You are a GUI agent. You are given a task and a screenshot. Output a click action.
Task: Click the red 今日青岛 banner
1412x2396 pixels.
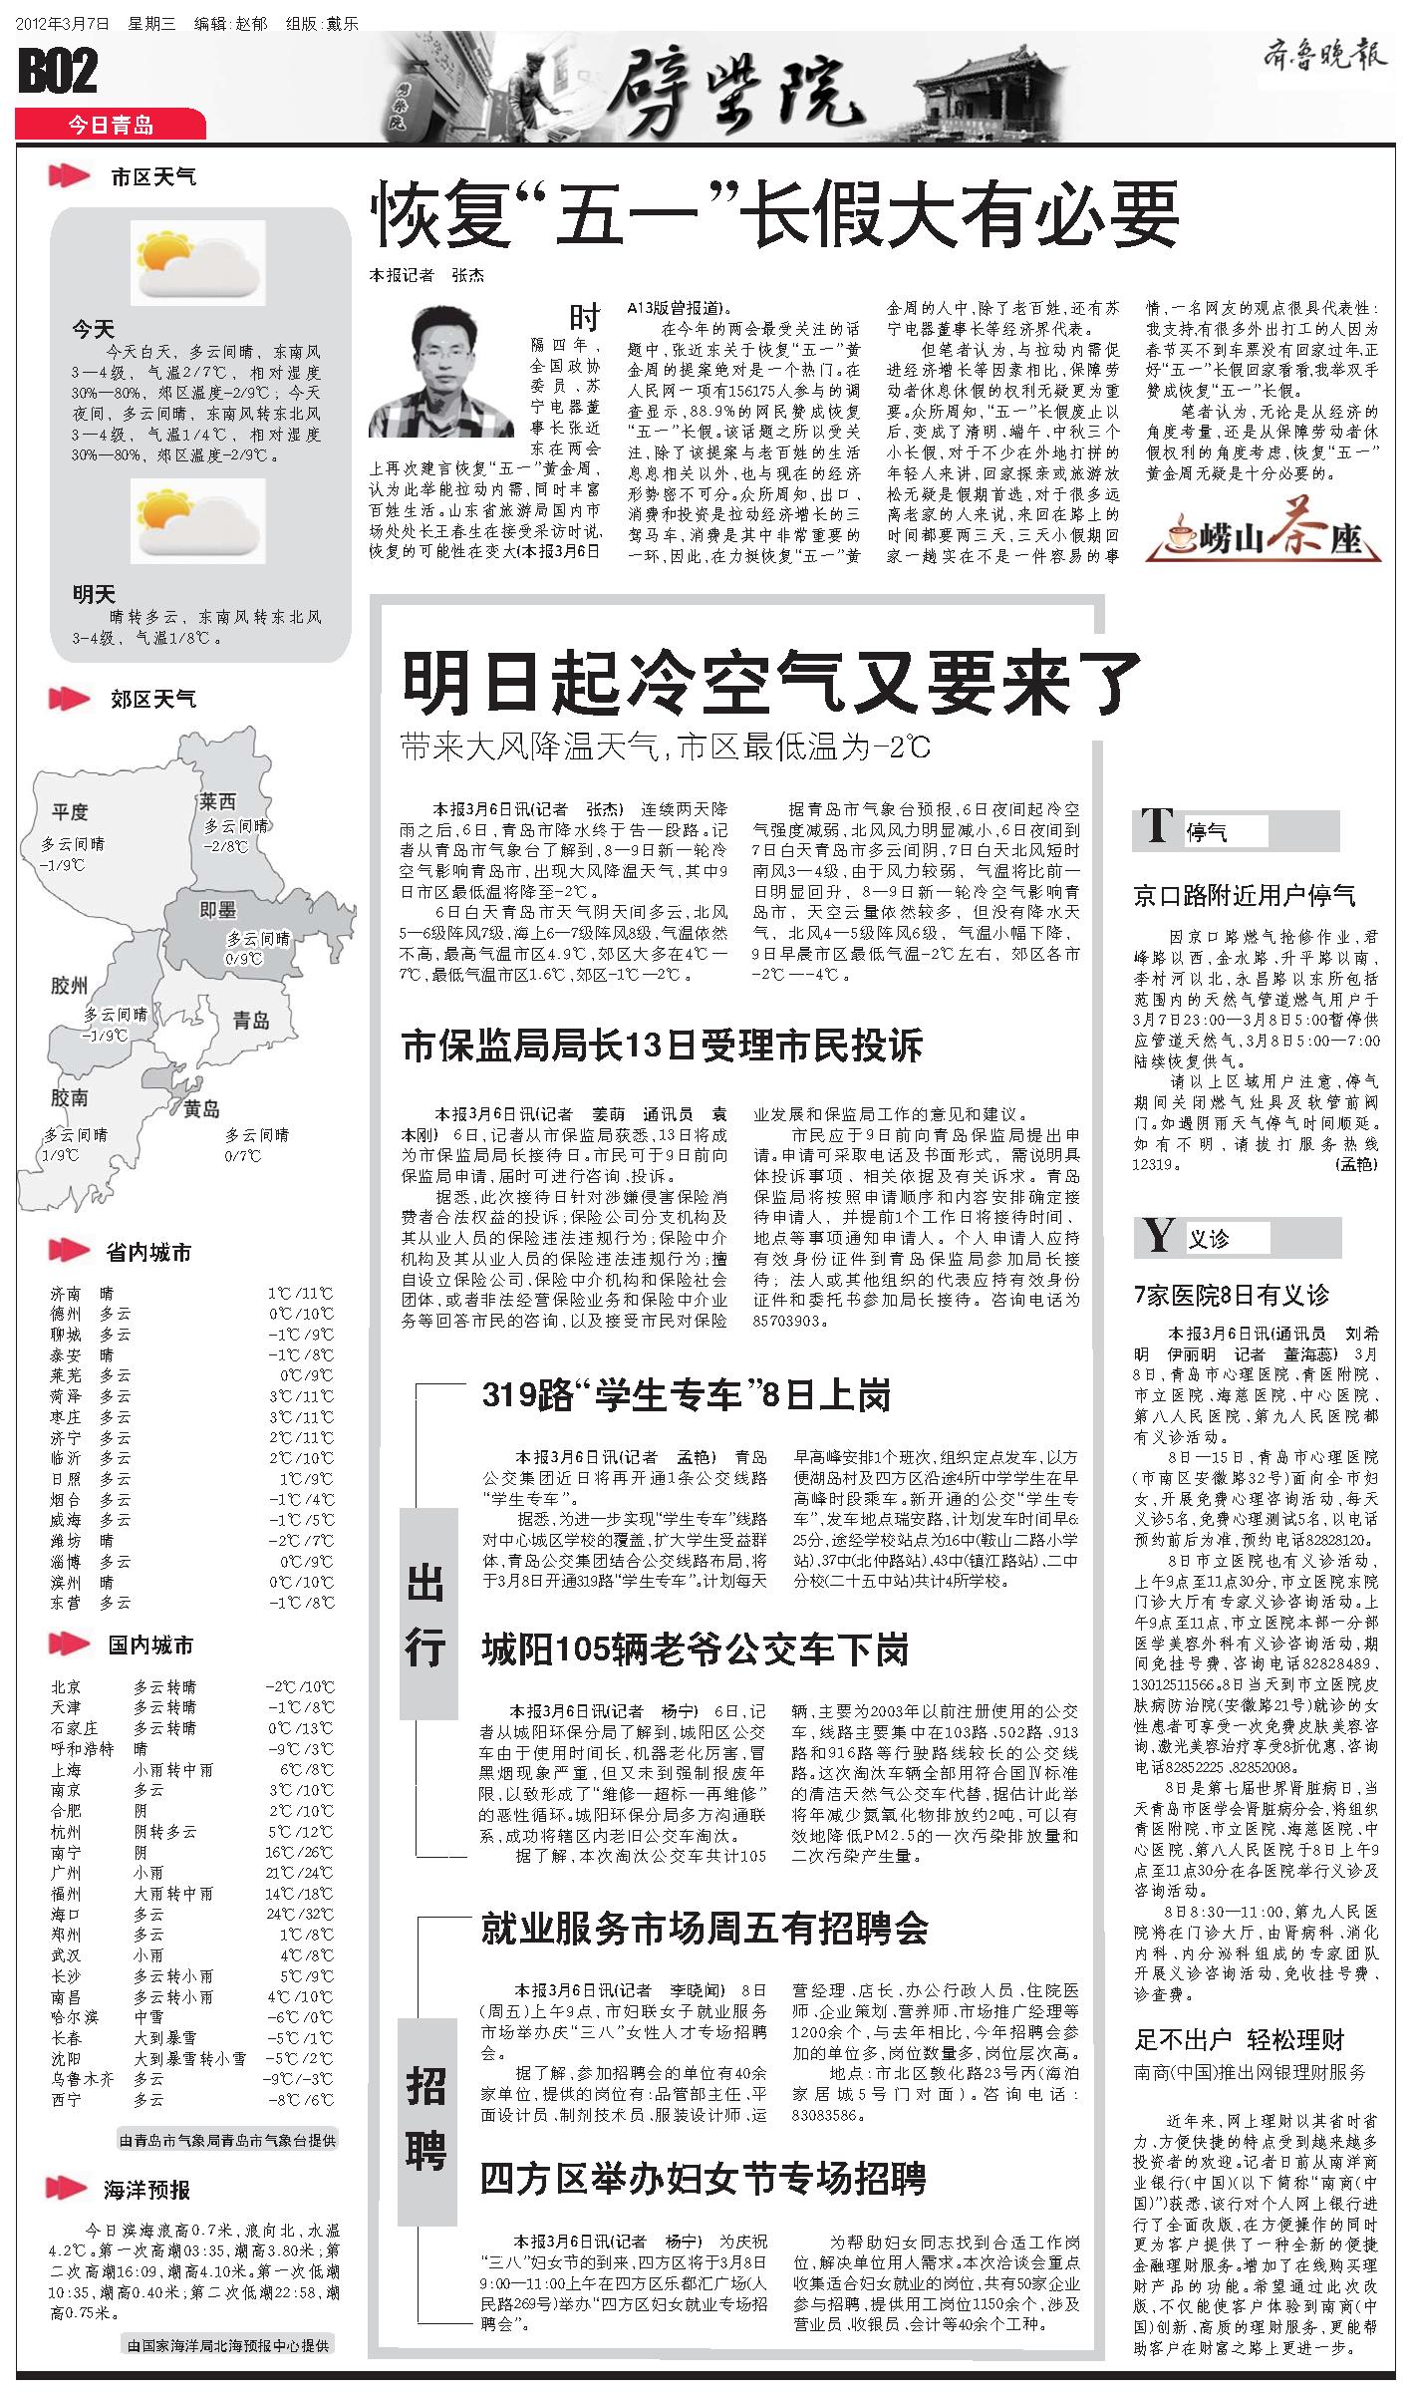pos(111,125)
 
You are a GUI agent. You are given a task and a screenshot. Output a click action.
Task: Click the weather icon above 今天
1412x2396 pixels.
pos(199,262)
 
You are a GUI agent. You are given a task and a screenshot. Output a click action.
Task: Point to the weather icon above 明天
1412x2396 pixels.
pos(199,521)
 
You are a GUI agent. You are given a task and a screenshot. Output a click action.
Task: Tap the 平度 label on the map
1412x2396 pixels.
pos(71,812)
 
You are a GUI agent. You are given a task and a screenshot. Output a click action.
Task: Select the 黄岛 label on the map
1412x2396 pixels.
pos(201,1108)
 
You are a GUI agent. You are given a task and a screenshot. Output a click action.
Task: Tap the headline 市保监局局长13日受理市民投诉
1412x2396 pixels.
pos(662,1045)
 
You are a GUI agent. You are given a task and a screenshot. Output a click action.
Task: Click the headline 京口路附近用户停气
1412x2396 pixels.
pos(1245,895)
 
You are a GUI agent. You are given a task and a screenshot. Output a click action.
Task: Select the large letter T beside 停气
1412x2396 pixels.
pos(1157,825)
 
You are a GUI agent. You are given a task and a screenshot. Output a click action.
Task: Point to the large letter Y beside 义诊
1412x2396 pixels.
pos(1158,1236)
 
